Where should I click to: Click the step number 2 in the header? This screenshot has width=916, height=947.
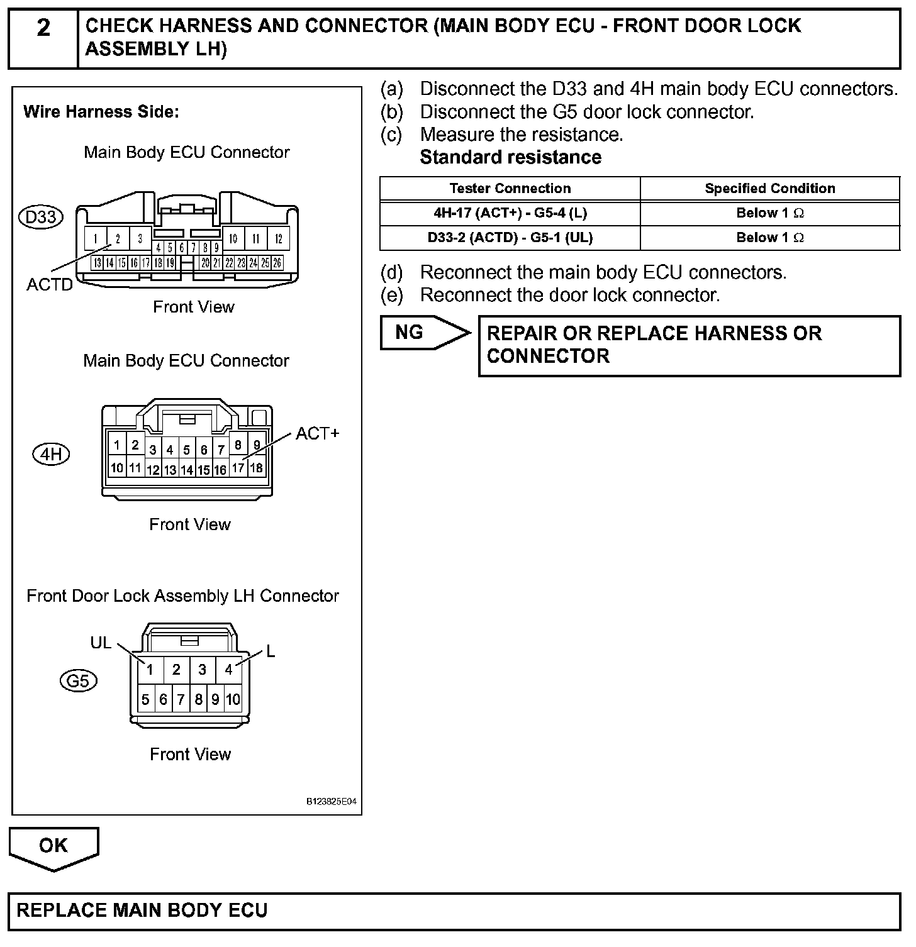tap(43, 28)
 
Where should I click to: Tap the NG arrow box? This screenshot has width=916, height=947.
tap(422, 333)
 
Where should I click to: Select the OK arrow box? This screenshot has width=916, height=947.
tap(53, 846)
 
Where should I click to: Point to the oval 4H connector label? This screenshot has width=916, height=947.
tap(51, 454)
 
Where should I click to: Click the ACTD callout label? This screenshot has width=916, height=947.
tap(50, 285)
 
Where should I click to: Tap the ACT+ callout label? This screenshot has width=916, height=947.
tap(317, 433)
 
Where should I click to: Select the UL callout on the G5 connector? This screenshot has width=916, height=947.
tap(101, 643)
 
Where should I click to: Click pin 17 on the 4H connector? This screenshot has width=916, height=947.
tap(238, 468)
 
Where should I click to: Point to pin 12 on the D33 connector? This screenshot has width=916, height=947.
tap(278, 239)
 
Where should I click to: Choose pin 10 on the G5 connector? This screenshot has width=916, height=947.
tap(233, 699)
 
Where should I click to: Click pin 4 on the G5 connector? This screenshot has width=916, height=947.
tap(228, 670)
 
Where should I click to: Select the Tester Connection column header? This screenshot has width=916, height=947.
tap(510, 189)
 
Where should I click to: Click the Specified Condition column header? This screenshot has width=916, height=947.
tap(770, 189)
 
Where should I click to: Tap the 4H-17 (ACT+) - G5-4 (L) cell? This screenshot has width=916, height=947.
tap(510, 213)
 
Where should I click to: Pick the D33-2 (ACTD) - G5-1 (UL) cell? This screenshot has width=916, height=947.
tap(510, 238)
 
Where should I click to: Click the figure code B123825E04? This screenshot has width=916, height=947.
tap(332, 802)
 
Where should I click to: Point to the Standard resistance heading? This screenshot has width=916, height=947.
tap(510, 157)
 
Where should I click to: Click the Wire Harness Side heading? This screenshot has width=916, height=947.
tap(101, 112)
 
